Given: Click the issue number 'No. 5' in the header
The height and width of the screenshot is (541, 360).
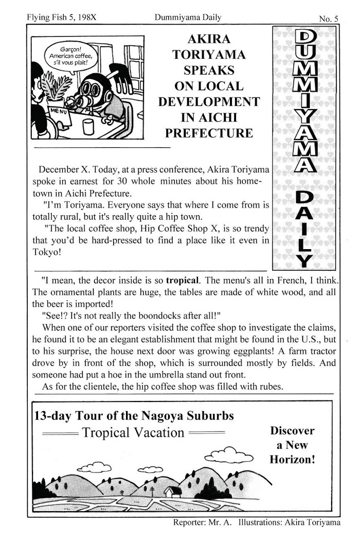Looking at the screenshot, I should tap(328, 19).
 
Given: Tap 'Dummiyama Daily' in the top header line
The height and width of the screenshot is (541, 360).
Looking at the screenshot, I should tap(188, 18).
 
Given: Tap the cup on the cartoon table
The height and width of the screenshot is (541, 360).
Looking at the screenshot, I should tap(88, 126).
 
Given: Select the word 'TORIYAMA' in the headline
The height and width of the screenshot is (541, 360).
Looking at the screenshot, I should tap(209, 55).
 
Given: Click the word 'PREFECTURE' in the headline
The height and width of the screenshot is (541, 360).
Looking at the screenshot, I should tap(209, 133).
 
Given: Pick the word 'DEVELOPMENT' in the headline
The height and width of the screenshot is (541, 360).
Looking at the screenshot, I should tap(209, 101).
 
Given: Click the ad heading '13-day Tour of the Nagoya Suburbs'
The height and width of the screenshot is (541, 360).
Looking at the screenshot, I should tap(134, 415).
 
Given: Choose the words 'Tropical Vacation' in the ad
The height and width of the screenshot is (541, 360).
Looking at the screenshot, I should tap(133, 432).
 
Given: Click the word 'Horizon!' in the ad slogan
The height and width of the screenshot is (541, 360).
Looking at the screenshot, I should tap(292, 459).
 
